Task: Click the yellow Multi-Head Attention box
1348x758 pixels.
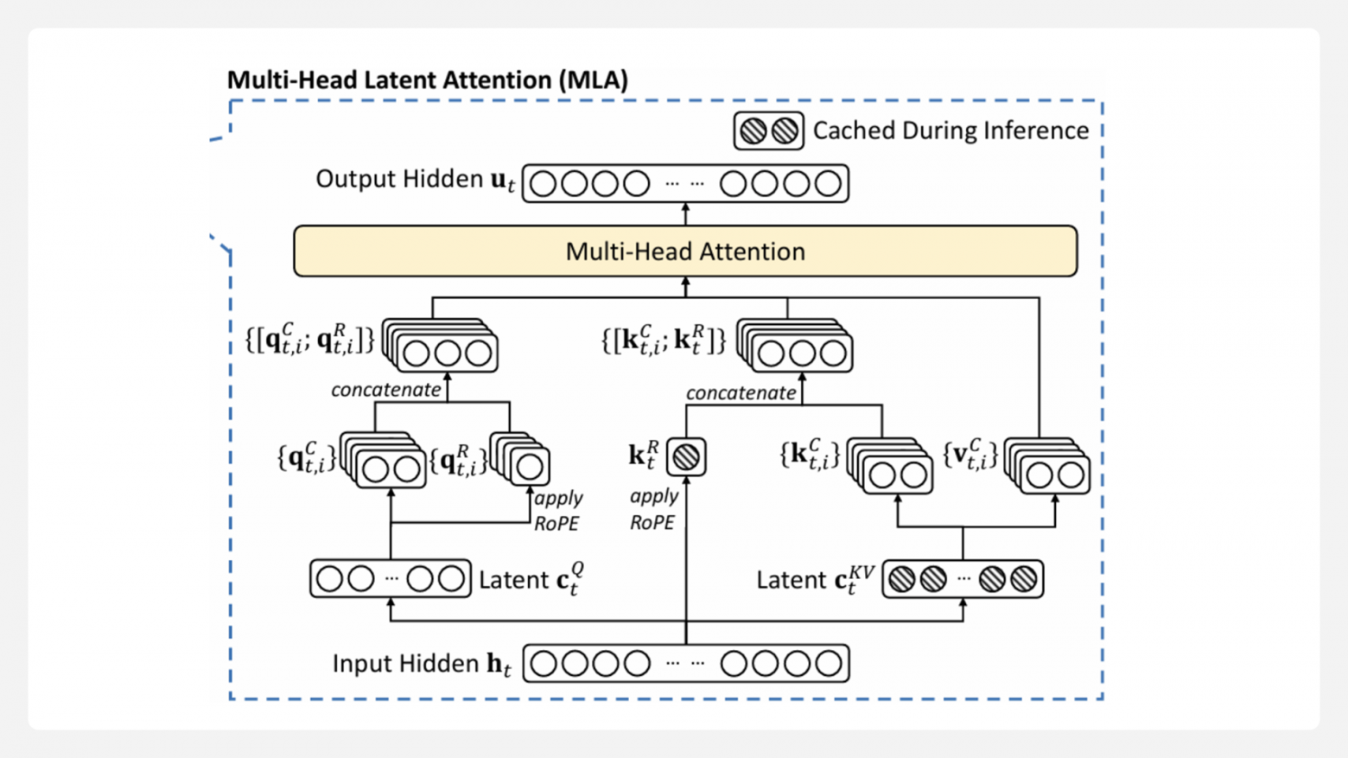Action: coord(685,252)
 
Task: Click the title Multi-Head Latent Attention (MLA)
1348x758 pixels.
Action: coord(427,80)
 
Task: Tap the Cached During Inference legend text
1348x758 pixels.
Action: coord(951,131)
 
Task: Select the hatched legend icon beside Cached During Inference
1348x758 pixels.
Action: coord(768,131)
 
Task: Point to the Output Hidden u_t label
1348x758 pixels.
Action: coord(415,180)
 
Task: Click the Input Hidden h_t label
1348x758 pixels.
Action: coord(422,664)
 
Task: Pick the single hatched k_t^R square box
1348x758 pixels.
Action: coord(686,457)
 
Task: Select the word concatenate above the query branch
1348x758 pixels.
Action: coord(385,390)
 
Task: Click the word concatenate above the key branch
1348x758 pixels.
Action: coord(741,393)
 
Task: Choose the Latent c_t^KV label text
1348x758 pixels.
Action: coord(815,580)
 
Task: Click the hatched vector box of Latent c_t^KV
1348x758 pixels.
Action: coord(963,579)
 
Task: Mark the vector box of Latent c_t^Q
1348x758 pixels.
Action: coord(391,579)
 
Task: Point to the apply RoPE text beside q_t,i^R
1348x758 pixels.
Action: coord(557,511)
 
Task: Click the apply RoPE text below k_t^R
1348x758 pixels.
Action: coord(653,509)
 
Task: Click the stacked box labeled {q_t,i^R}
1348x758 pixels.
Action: coord(522,460)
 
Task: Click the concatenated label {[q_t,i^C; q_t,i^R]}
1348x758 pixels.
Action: coord(309,340)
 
